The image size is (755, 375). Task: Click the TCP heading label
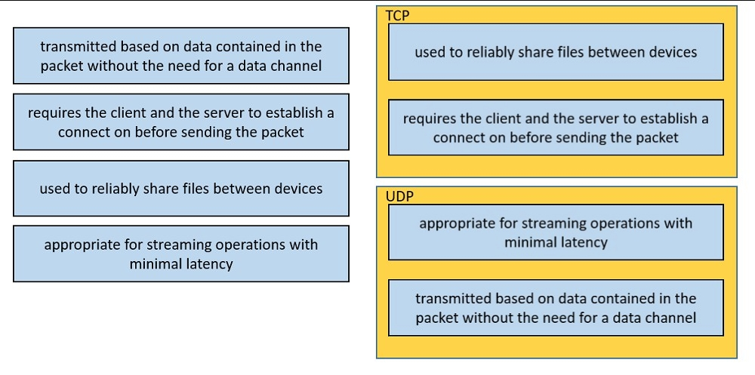(397, 15)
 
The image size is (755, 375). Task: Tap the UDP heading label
(399, 196)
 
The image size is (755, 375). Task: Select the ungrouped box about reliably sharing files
(181, 188)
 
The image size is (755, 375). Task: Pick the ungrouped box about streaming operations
(181, 254)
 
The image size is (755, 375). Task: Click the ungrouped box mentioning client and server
(181, 121)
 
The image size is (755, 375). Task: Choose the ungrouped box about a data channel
(181, 55)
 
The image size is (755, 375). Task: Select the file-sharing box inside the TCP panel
(556, 52)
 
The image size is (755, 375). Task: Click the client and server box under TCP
(556, 128)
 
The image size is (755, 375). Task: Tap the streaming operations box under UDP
(556, 232)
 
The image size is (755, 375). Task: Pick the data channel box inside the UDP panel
(556, 308)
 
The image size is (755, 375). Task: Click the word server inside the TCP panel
(599, 118)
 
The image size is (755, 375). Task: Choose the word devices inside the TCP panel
(673, 52)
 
